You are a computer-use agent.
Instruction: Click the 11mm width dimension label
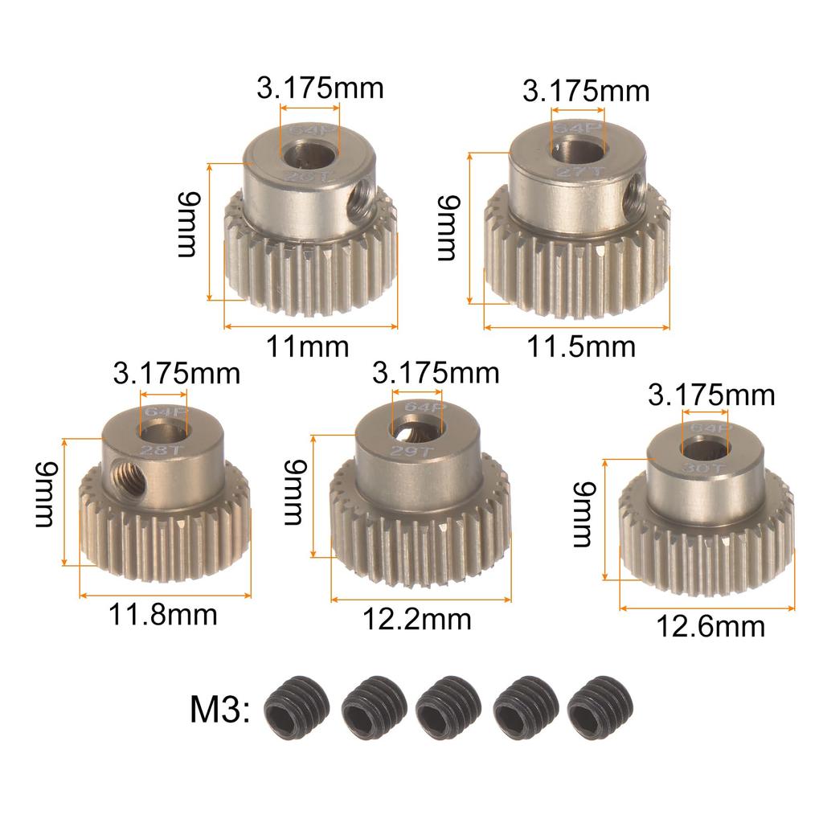pos(308,346)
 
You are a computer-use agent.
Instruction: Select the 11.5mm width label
pos(580,346)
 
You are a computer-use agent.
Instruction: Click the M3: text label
pos(220,710)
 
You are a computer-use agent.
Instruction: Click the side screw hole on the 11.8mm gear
pos(128,466)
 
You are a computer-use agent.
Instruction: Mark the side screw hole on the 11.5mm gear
pos(635,190)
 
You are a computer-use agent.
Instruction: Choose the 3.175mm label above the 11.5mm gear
pos(585,91)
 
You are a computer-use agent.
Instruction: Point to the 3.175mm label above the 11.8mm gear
pos(177,374)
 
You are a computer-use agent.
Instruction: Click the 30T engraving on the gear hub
pos(705,465)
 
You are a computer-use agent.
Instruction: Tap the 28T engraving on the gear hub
pos(158,448)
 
